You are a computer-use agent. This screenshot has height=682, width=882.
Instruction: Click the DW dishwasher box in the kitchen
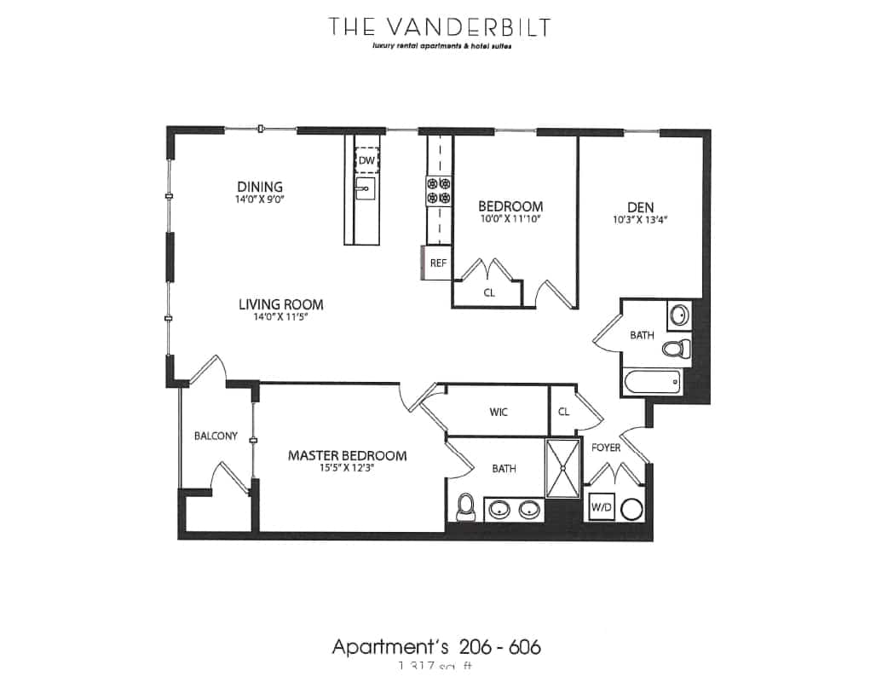point(366,159)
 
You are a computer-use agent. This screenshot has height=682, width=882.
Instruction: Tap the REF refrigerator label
point(438,263)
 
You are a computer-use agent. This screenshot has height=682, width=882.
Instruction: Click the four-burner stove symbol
point(438,190)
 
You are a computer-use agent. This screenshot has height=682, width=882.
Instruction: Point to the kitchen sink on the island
point(366,191)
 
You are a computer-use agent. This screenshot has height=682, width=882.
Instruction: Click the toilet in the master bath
point(465,507)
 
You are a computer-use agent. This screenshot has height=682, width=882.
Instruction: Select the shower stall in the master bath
point(562,467)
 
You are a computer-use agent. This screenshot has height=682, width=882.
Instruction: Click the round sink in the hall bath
point(678,315)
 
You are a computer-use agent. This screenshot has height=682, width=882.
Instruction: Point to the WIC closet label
point(499,413)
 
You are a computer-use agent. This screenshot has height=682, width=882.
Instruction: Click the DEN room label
point(640,206)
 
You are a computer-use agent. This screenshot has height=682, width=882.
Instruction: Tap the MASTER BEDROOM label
point(347,456)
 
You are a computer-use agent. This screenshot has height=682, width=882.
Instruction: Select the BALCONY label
point(216,436)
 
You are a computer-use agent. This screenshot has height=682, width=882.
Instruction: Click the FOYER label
point(606,448)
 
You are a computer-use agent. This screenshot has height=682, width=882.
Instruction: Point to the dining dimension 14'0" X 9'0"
point(260,199)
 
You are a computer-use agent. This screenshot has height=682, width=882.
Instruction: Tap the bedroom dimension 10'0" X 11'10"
point(510,218)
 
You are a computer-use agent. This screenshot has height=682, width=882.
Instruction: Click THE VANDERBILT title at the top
point(439,26)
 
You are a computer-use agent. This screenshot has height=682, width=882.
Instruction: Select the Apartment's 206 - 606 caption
point(435,647)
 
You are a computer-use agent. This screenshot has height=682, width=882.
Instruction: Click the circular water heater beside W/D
point(632,510)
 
